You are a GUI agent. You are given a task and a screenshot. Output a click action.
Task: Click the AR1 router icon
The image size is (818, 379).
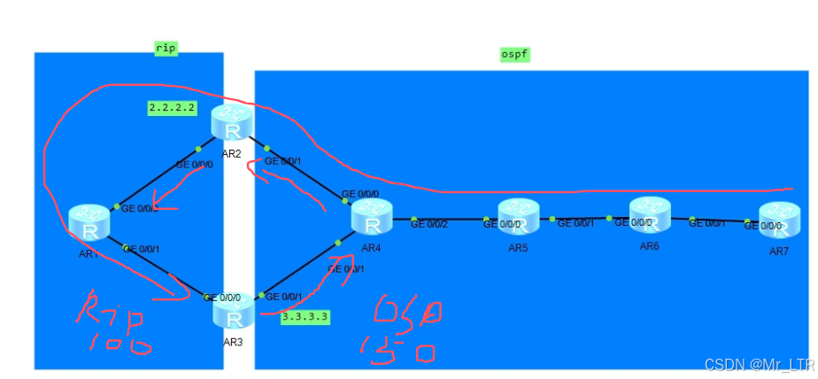point(89,221)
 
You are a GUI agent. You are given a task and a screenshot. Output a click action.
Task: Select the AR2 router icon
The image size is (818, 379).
point(233,124)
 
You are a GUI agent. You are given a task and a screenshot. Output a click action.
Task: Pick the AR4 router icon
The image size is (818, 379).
point(372,216)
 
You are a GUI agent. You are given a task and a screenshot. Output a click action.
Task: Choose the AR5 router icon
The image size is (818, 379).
point(518,217)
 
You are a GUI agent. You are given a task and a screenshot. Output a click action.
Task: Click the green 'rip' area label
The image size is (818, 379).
point(166,49)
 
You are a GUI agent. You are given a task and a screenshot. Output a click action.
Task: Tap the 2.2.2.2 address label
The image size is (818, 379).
point(173,108)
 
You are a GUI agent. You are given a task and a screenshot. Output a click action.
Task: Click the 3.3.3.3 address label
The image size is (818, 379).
point(305,315)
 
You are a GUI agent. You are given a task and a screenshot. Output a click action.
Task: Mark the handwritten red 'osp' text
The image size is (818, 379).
point(406,311)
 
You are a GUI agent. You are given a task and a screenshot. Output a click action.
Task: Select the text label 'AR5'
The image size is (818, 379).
point(518,247)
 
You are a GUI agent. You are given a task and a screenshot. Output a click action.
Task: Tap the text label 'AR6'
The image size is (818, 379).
point(650,244)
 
